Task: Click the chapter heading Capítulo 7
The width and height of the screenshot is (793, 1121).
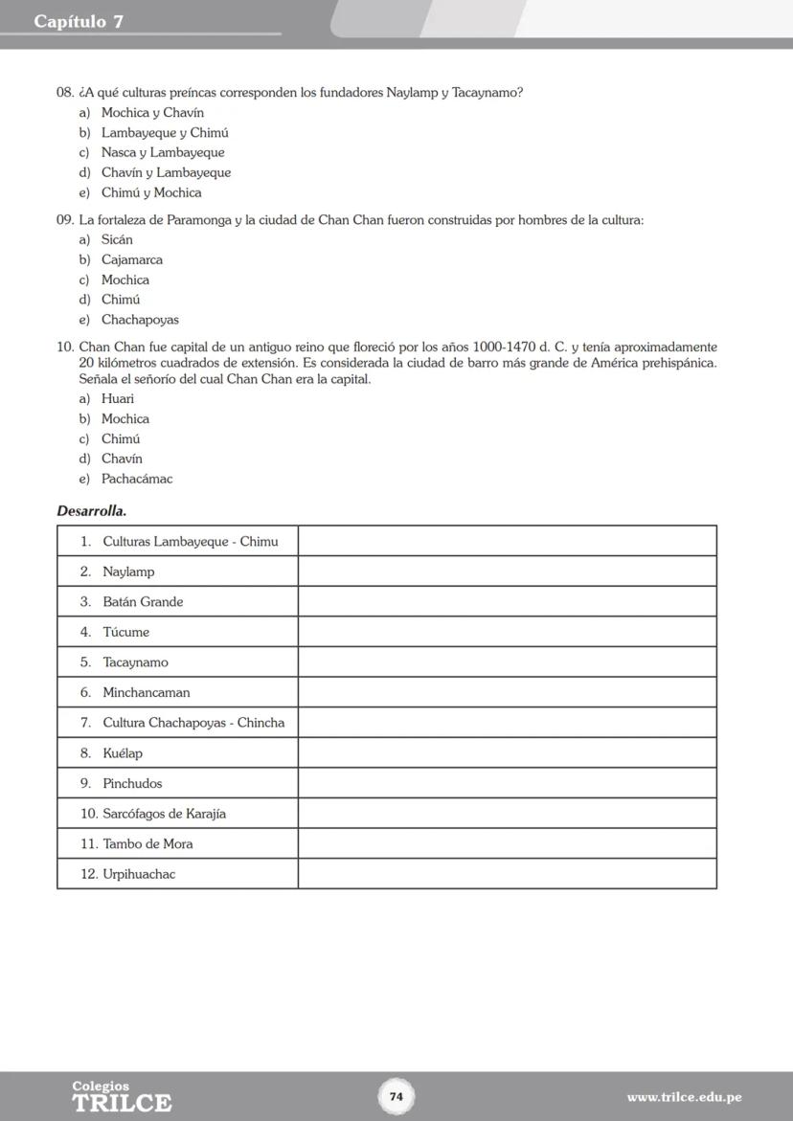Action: (79, 21)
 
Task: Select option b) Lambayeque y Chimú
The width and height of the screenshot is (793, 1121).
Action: (165, 133)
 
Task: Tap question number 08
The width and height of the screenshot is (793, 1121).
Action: (65, 93)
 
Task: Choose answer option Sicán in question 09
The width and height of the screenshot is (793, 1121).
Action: (117, 239)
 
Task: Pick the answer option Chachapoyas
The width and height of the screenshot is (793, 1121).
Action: (140, 320)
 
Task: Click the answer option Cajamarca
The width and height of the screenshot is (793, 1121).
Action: (132, 259)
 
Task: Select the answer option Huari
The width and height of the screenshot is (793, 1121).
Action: (118, 398)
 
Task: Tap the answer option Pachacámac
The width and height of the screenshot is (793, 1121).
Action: (137, 479)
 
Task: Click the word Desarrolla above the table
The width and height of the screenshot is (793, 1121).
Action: (92, 511)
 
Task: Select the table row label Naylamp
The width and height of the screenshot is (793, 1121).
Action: (128, 572)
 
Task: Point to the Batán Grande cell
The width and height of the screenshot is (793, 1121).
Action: (143, 602)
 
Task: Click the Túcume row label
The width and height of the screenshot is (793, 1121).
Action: (125, 632)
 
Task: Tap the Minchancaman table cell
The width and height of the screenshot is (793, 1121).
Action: (146, 692)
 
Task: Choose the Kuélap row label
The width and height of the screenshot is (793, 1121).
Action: (123, 753)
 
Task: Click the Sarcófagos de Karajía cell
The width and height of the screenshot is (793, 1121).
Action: (164, 814)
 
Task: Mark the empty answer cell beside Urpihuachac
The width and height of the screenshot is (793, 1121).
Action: (507, 874)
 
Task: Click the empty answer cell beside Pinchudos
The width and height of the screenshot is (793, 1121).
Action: (507, 783)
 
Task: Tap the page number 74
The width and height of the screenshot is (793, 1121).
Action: (396, 1096)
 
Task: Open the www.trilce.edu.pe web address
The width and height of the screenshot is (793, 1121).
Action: (684, 1097)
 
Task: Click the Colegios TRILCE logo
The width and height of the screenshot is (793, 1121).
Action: (122, 1097)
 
